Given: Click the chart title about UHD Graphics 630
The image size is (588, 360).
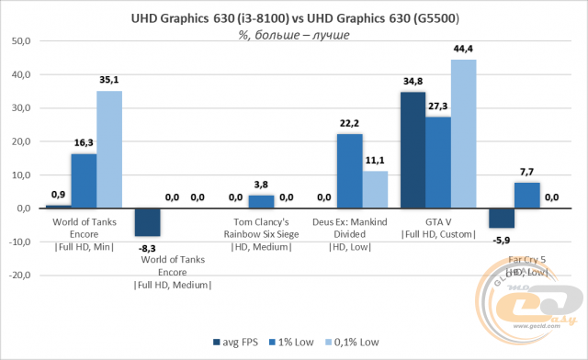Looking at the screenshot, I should (294, 18).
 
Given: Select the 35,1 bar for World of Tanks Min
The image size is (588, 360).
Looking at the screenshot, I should (108, 150).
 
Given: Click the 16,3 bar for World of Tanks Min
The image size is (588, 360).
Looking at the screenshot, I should (84, 181).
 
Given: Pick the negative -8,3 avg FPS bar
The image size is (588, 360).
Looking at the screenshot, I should (147, 222).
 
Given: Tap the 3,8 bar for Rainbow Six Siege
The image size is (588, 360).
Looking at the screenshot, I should (261, 202).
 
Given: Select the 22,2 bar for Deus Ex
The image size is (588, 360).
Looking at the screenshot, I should (349, 171).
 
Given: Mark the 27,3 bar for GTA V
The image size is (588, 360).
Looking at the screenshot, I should (437, 163).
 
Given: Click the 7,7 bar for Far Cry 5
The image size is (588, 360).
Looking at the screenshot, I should (526, 196).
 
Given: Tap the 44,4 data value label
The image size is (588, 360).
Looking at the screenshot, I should (463, 49).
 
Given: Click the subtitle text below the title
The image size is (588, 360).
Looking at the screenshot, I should (294, 35).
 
